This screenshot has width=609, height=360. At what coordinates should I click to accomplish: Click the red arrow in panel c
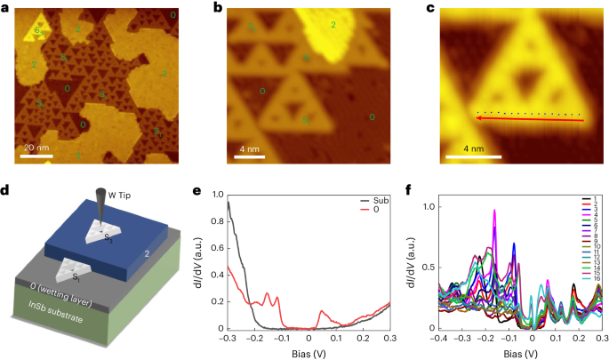pos(525,119)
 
